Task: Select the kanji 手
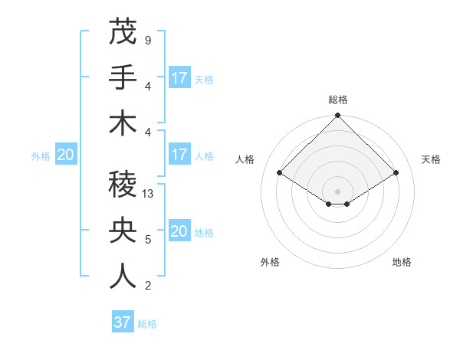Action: click(123, 77)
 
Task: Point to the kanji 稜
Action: click(123, 185)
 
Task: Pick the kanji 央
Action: click(123, 231)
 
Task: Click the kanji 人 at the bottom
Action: click(123, 277)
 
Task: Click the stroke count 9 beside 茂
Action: click(147, 39)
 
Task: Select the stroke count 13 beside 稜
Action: click(149, 194)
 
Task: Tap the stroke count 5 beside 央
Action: click(147, 240)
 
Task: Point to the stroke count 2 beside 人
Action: click(147, 286)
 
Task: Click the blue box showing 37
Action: click(122, 322)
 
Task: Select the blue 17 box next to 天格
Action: click(179, 77)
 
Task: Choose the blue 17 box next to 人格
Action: click(179, 155)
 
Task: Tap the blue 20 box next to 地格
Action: click(179, 232)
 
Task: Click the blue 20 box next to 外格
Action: click(65, 155)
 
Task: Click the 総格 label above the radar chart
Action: click(337, 100)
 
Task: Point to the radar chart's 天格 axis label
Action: click(431, 159)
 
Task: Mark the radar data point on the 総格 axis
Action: click(337, 116)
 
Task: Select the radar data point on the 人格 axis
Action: click(280, 172)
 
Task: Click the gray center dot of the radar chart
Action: click(337, 191)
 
